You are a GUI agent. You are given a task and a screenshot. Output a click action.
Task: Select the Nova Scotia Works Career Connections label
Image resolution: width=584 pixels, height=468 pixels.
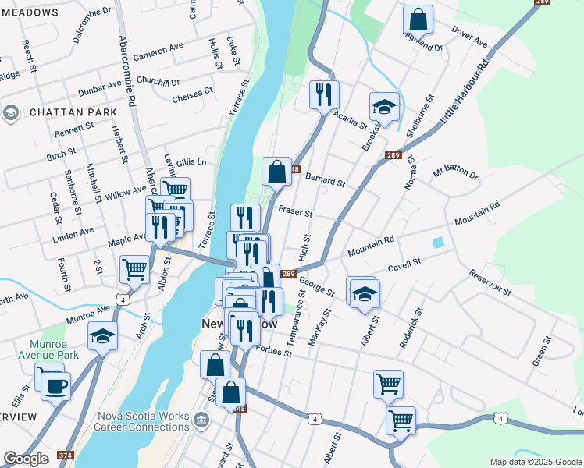point(143,421)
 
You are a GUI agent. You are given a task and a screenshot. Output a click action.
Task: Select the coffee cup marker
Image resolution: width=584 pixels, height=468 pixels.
point(55,385)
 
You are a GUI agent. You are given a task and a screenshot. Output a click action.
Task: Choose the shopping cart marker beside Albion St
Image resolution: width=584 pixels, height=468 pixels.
point(134,269)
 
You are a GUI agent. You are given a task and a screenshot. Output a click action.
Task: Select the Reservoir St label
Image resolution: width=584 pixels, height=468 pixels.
point(490,282)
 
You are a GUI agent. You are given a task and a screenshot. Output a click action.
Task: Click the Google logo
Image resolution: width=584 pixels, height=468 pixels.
point(27,459)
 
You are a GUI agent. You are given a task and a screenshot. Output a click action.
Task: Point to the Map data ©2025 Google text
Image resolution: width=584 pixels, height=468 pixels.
point(536,462)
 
